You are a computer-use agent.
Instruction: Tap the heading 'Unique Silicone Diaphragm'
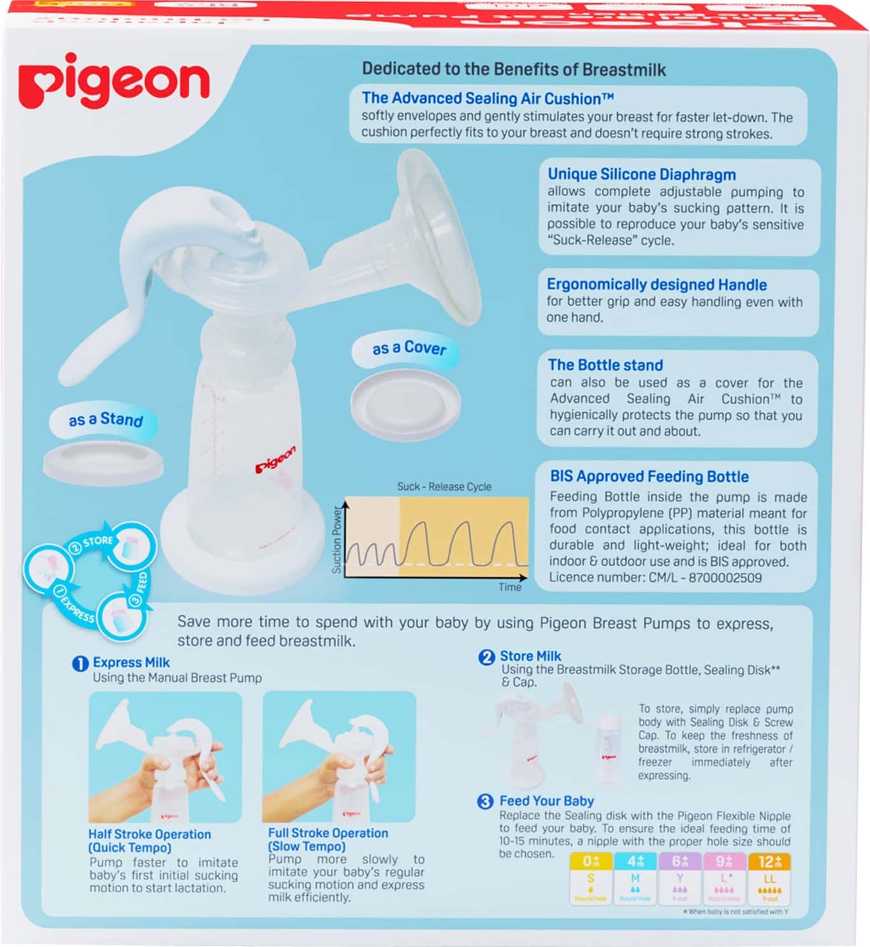pos(641,175)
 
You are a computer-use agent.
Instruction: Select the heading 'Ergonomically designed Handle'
pos(656,285)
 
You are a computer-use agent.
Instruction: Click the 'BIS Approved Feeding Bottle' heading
pos(649,477)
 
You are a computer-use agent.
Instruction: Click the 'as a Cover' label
pos(409,348)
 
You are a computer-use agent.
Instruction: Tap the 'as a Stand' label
pos(105,419)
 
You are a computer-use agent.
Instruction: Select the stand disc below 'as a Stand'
pos(103,461)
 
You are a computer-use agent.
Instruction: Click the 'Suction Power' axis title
pos(337,540)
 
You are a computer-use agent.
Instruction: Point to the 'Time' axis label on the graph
pos(510,587)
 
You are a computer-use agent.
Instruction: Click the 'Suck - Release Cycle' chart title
pos(444,487)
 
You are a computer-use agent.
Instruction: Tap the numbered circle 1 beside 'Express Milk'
pos(80,663)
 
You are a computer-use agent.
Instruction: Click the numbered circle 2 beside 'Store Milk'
pos(486,657)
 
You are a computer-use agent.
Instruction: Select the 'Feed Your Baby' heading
pos(546,801)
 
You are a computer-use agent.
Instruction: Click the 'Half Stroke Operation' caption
pos(149,834)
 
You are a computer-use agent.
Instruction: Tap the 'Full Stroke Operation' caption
pos(328,833)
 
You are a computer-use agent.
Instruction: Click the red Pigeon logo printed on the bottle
pos(275,459)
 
